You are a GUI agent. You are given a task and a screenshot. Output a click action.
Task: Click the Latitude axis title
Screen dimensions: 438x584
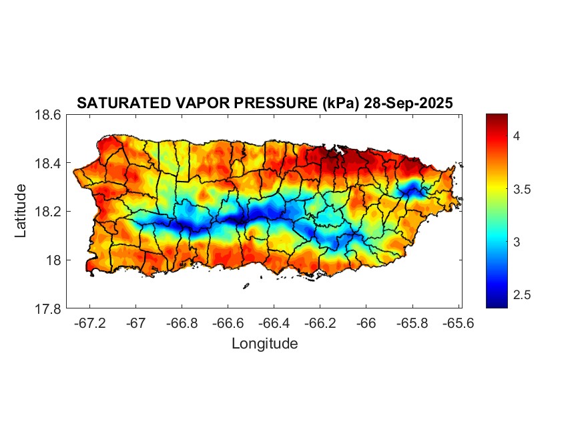tap(21, 211)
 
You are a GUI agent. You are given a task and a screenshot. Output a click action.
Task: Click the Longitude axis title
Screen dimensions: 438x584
tap(264, 344)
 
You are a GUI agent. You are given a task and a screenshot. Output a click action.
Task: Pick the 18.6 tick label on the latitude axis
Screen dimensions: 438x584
tap(47, 115)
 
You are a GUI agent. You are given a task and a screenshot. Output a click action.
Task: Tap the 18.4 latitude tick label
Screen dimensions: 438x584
tap(47, 164)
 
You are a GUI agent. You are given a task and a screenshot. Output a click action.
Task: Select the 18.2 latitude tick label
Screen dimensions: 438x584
tap(47, 212)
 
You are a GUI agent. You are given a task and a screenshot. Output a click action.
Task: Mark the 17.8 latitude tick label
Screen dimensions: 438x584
tap(47, 308)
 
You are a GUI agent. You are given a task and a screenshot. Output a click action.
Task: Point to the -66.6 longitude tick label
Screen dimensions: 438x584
tap(227, 322)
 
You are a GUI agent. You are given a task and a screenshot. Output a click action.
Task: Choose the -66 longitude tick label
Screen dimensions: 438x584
tap(366, 322)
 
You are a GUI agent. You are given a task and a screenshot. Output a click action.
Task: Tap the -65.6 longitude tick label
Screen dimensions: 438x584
tap(458, 322)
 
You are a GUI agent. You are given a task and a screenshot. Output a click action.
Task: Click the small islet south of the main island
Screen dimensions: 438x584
tap(246, 286)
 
